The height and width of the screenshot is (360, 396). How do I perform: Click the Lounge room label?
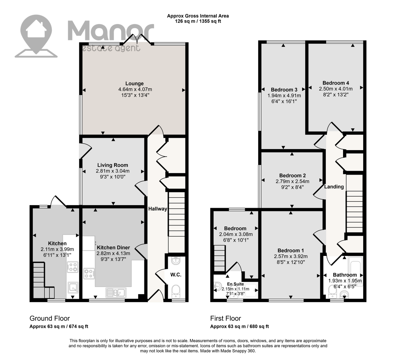[x=134, y=84]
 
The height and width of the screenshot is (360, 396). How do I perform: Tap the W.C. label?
[x=176, y=275]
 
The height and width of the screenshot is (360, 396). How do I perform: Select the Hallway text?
[x=158, y=209]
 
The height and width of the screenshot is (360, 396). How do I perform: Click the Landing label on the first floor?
[x=334, y=187]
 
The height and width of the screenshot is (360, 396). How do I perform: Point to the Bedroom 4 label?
[x=336, y=83]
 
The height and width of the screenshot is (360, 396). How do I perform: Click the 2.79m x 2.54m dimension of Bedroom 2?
[x=292, y=181]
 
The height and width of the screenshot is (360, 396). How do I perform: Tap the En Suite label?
[x=235, y=284]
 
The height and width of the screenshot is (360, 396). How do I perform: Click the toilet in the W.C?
[x=176, y=292]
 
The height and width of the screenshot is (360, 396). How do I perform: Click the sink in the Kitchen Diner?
[x=116, y=293]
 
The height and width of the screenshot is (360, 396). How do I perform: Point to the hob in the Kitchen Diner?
[x=89, y=273]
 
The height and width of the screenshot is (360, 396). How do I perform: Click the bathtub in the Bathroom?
[x=356, y=271]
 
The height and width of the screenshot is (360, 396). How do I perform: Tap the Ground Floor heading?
[x=50, y=318]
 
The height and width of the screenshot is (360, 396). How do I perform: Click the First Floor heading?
[x=225, y=318]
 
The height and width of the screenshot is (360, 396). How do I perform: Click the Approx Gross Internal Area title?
[x=198, y=16]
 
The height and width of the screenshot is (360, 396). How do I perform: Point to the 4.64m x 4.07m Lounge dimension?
[x=135, y=89]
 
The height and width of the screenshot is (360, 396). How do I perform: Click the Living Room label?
[x=113, y=165]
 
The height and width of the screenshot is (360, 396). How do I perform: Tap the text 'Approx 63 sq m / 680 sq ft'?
[x=239, y=327]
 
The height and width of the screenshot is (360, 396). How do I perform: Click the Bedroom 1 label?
[x=291, y=251]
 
